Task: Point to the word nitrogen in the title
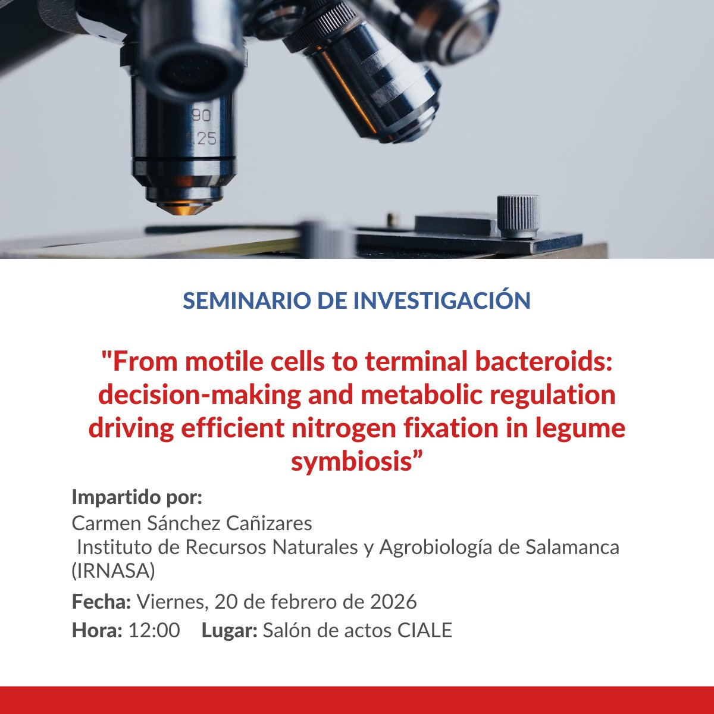pyautogui.click(x=345, y=428)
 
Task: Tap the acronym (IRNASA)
pyautogui.click(x=114, y=571)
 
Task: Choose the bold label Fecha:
pyautogui.click(x=101, y=601)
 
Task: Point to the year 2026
pyautogui.click(x=393, y=602)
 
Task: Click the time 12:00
pyautogui.click(x=154, y=630)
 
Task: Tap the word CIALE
pyautogui.click(x=425, y=630)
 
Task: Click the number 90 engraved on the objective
pyautogui.click(x=201, y=116)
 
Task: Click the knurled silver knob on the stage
pyautogui.click(x=518, y=217)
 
